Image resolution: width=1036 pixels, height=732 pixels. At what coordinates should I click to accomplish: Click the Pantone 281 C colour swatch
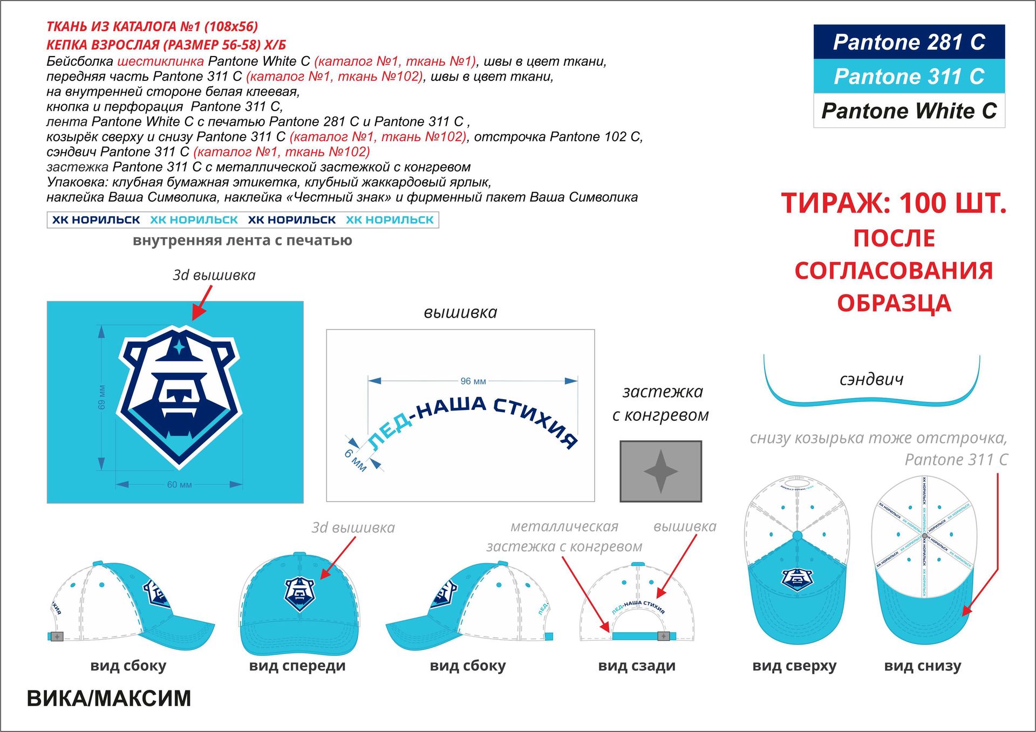tap(909, 42)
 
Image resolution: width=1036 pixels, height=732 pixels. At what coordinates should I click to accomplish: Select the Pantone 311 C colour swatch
tap(909, 76)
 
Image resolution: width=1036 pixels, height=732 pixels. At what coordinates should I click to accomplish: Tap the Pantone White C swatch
tap(909, 111)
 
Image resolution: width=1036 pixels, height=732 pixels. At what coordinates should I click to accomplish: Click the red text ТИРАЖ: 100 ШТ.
tap(894, 204)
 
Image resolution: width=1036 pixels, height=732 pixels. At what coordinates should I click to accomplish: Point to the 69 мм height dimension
tap(102, 397)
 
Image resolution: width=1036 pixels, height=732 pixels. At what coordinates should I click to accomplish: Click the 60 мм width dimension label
tap(179, 484)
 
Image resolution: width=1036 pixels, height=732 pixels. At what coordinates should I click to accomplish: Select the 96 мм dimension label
tap(473, 381)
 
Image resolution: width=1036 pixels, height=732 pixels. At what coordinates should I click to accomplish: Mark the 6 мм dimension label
tap(356, 460)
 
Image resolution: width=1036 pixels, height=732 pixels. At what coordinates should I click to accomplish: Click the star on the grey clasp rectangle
tap(660, 471)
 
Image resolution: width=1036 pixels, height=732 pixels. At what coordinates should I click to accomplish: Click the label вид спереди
tap(297, 666)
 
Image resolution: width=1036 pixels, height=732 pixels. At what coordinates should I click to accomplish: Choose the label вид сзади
tap(637, 666)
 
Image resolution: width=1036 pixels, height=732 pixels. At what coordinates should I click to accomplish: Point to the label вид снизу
tap(923, 666)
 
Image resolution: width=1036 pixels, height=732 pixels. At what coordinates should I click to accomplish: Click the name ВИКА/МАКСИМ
tap(109, 699)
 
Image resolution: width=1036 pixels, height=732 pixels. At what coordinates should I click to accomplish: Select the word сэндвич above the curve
tap(871, 379)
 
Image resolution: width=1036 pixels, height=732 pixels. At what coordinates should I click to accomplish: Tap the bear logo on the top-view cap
tap(796, 579)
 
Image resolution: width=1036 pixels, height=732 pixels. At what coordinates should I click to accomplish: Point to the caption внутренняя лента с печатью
tap(242, 241)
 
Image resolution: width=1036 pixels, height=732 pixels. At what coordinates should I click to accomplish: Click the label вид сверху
tap(794, 666)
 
